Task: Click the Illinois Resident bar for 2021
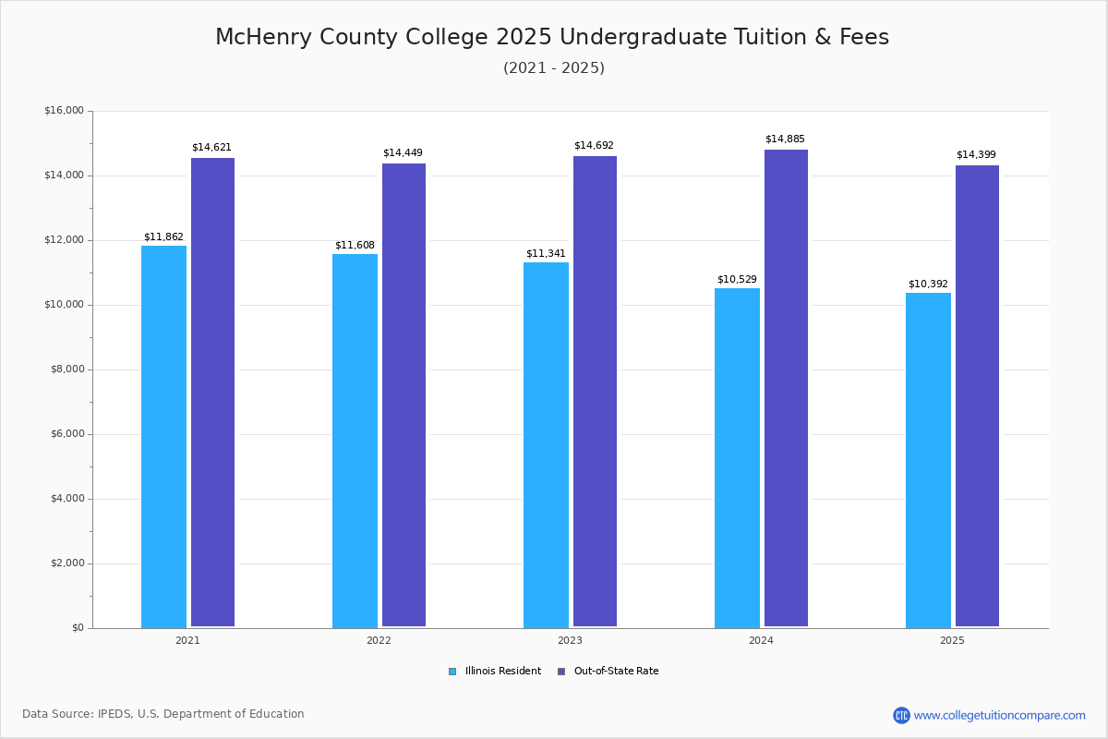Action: coord(163,437)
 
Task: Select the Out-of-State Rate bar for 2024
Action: coord(786,388)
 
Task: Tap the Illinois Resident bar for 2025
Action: coord(928,460)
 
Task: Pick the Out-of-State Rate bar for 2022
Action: coord(403,395)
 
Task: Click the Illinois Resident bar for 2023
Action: coord(546,445)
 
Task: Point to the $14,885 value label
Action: coord(785,139)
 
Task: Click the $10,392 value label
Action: coord(928,285)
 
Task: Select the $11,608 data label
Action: coord(355,246)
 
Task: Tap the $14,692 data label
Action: coord(594,146)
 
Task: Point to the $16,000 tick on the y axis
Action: coord(64,110)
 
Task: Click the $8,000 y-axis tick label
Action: coord(67,369)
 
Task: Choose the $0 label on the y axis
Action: coord(78,628)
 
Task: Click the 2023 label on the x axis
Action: coord(570,640)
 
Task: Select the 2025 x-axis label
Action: coord(952,640)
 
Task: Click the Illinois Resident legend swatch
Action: coord(452,672)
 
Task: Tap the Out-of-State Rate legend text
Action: coord(617,672)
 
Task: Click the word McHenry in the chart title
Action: coord(264,37)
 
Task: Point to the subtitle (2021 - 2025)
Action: coord(554,67)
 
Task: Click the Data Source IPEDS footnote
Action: coord(163,714)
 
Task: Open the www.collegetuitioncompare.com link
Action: coord(999,715)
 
